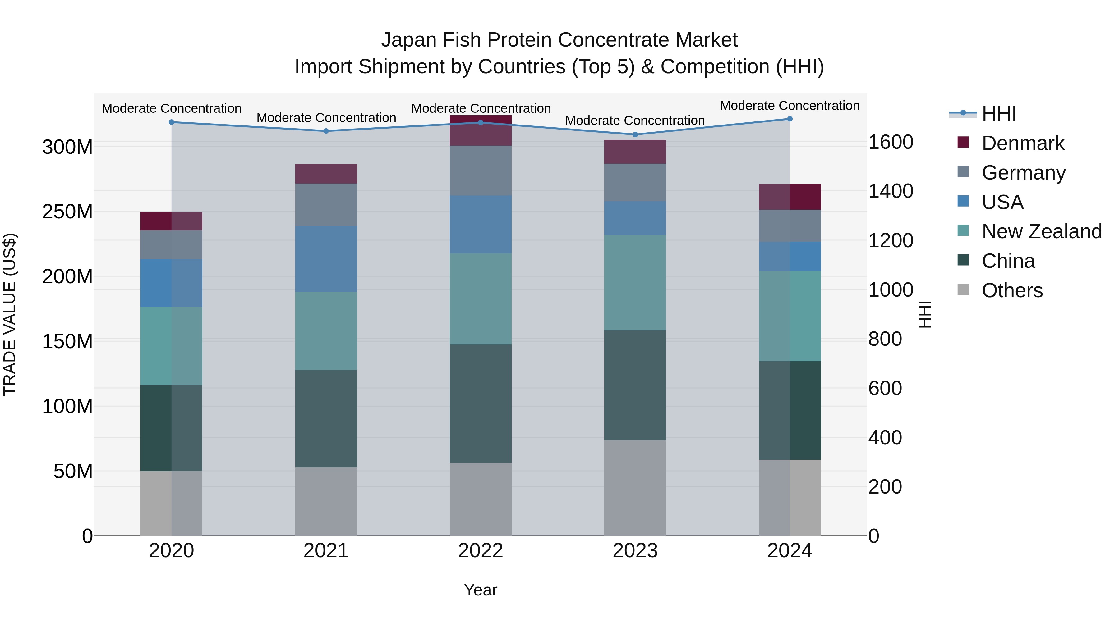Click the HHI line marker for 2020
pos(172,122)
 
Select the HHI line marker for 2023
pos(635,134)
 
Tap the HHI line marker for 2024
pos(790,119)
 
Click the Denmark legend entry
pos(1023,143)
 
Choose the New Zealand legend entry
pos(1041,231)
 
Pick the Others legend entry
pos(1012,290)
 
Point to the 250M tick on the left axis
pos(67,212)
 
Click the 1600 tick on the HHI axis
pos(891,142)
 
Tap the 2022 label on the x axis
pos(481,551)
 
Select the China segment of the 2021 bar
pos(326,418)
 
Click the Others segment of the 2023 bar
pos(635,488)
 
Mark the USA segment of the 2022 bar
pos(481,225)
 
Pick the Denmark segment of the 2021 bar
pos(326,174)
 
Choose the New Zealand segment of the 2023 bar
pos(635,283)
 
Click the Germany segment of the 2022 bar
pos(481,171)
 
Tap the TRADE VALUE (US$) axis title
pos(10,314)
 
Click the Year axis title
pos(481,590)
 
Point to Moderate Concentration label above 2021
pos(326,118)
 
